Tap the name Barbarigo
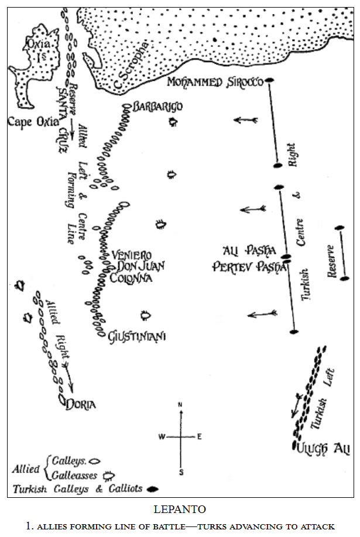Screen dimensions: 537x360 (157, 106)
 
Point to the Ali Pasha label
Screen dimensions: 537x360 (249, 252)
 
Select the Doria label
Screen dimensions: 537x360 (81, 404)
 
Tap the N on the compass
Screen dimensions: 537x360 (181, 405)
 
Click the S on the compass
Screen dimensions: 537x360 (181, 471)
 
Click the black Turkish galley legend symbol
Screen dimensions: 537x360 (152, 488)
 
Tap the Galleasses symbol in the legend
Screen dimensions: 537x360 (107, 475)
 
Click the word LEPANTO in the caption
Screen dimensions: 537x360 (180, 510)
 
